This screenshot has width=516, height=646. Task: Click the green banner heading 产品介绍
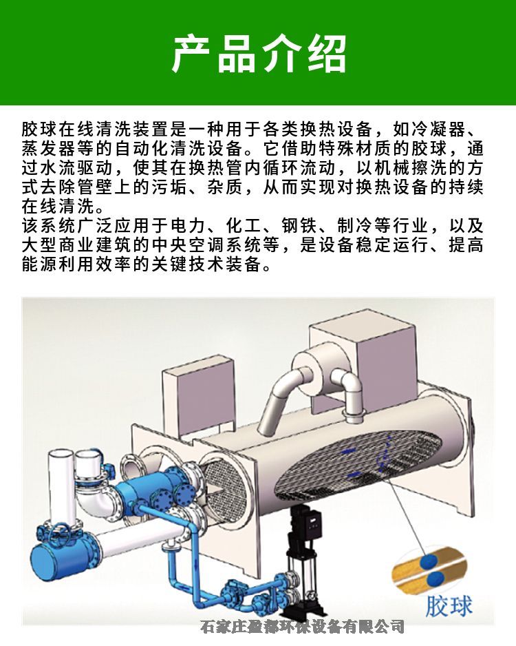(x=259, y=54)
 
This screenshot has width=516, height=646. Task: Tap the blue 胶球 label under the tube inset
(x=449, y=605)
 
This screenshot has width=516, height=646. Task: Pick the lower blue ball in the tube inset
(x=436, y=579)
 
